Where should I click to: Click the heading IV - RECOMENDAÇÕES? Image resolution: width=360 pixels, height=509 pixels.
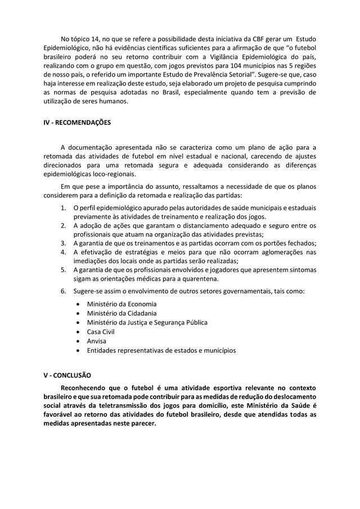point(77,122)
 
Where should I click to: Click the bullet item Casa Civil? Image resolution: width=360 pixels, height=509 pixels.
point(100,332)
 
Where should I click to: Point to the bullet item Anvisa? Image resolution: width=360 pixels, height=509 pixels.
point(96,341)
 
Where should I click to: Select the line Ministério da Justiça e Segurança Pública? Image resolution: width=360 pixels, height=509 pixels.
point(147,322)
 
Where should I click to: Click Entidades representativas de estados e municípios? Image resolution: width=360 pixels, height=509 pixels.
point(161,350)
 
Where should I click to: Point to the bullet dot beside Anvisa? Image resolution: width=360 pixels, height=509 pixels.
point(77,341)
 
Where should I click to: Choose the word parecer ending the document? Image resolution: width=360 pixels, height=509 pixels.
point(143,424)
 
